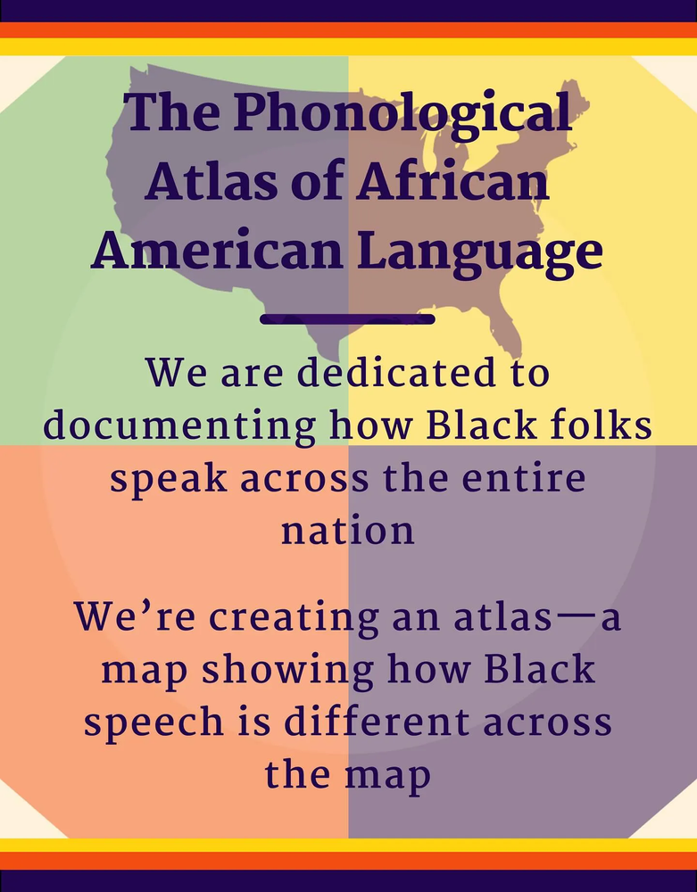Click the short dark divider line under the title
[x=348, y=319]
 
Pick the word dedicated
[x=396, y=372]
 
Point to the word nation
[x=348, y=530]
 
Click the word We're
[x=136, y=615]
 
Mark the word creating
[x=294, y=618]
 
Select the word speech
[x=154, y=723]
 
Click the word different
[x=377, y=720]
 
